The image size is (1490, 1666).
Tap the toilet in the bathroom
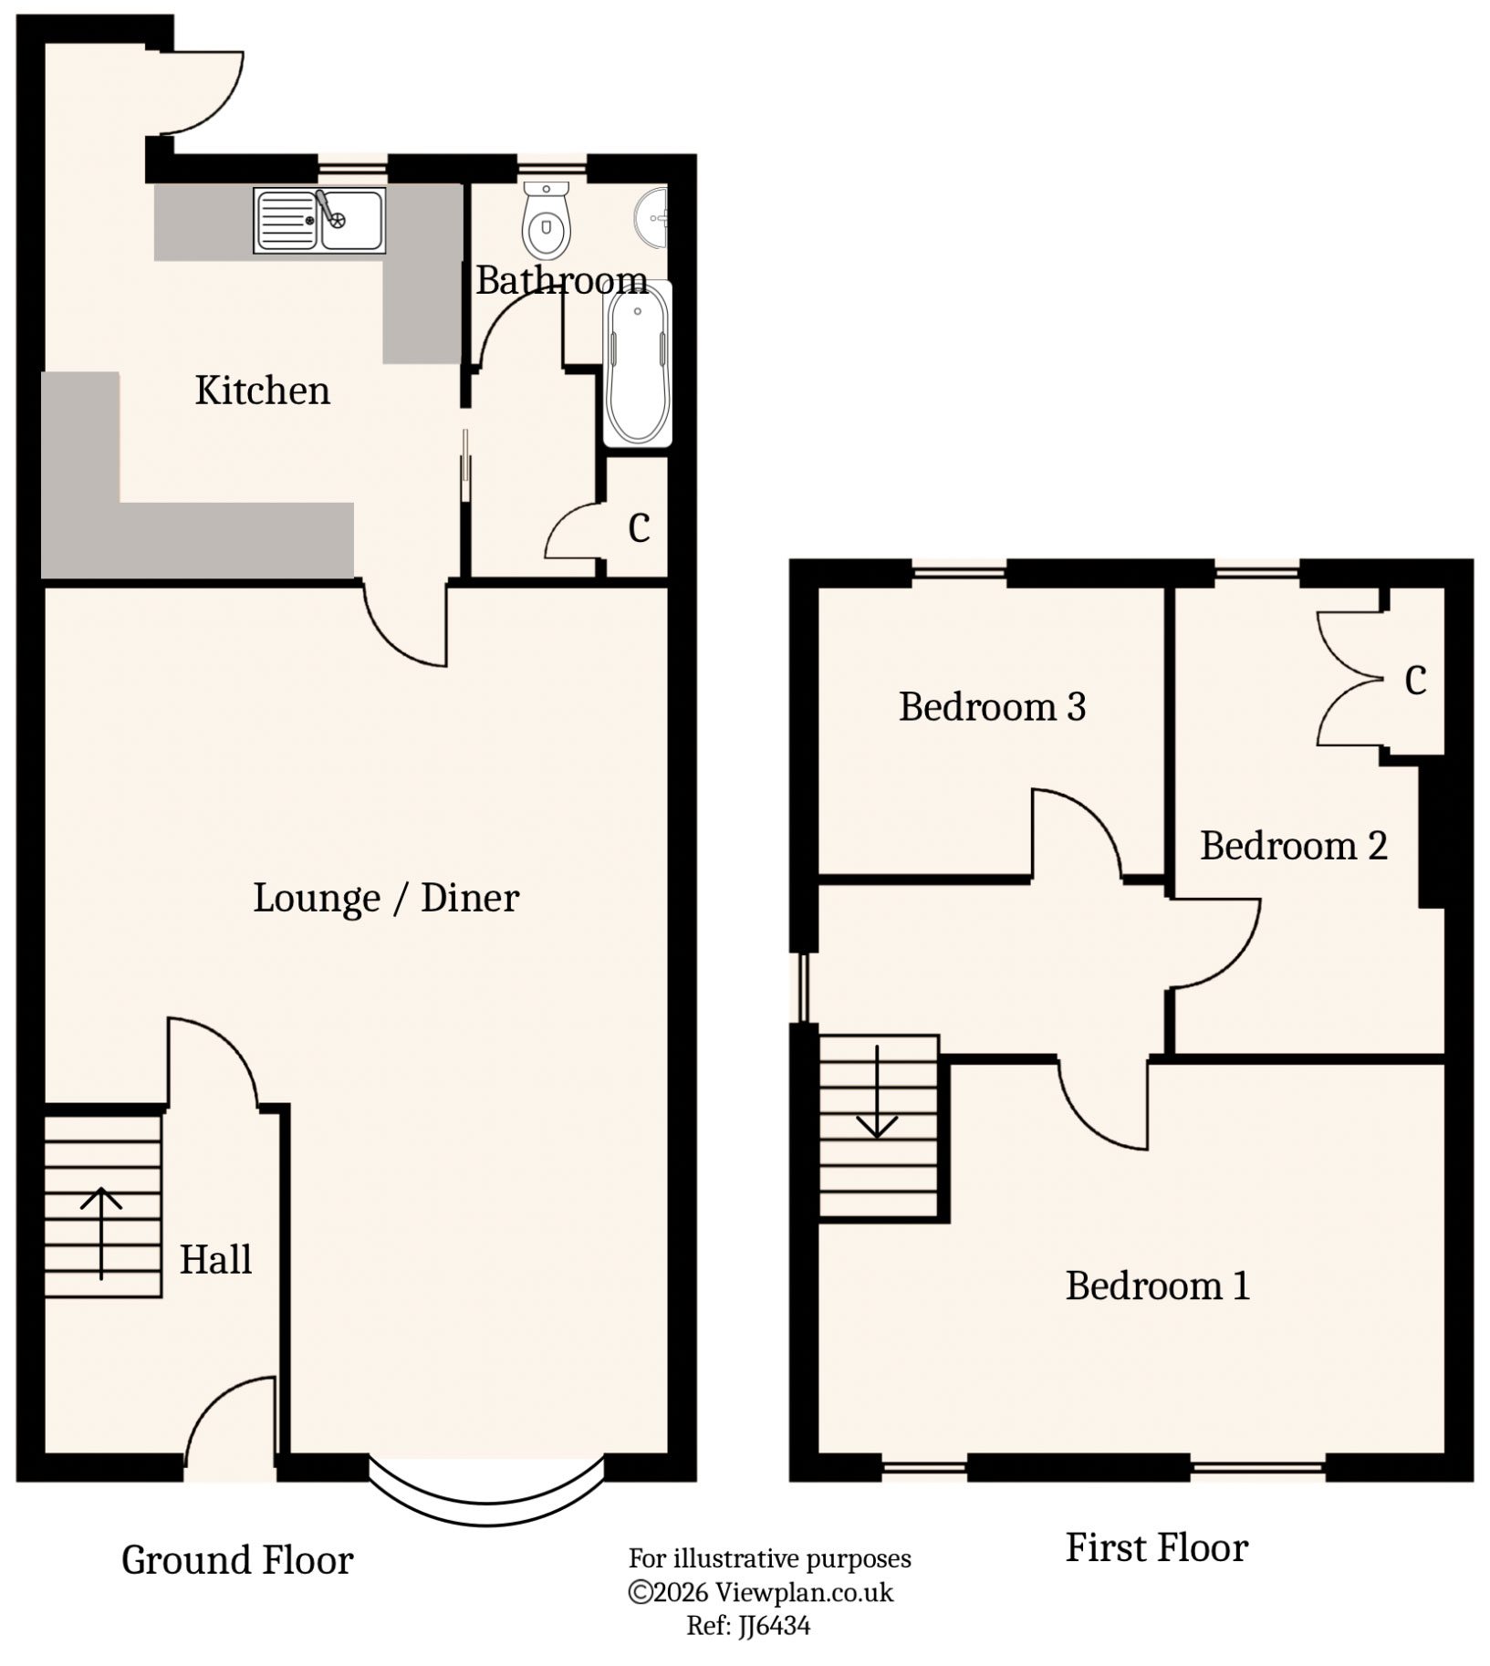click(547, 221)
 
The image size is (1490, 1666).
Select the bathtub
click(638, 364)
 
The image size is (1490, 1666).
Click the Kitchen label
click(262, 391)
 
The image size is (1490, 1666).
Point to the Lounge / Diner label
click(386, 899)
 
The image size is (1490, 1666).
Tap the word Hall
click(215, 1260)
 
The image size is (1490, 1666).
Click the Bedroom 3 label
click(992, 707)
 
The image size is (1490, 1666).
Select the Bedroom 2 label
click(1293, 847)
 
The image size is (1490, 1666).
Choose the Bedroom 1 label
click(1157, 1286)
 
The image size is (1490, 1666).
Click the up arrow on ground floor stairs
click(100, 1232)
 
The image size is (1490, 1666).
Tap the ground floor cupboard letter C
click(639, 527)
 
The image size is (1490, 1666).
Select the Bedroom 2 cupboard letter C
click(1415, 680)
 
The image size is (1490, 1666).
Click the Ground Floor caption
click(237, 1561)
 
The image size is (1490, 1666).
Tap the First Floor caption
click(1156, 1548)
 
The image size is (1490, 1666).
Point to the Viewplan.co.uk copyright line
click(761, 1592)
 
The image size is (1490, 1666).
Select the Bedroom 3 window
click(959, 573)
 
